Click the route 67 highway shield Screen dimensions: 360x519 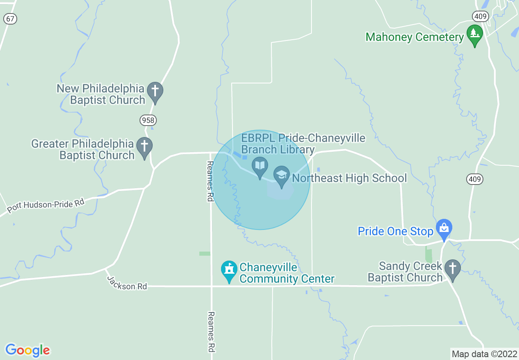10,18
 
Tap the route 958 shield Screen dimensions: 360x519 148,120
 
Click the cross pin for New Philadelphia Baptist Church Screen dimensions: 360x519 155,92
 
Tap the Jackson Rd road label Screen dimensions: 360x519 127,283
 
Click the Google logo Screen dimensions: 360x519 27,350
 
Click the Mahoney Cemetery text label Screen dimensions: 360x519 415,37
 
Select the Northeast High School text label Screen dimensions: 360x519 350,178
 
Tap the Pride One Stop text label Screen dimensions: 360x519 395,231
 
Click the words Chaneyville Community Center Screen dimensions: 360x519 287,273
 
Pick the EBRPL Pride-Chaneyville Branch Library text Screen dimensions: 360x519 303,144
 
